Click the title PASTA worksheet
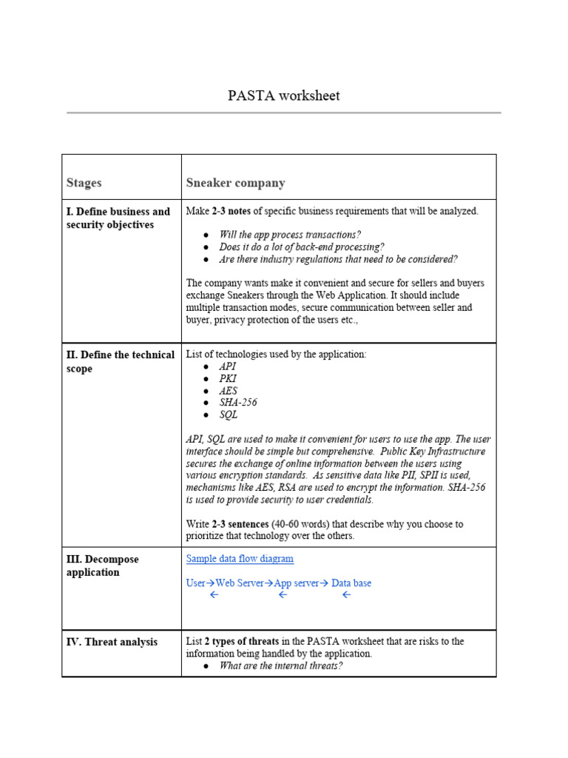(x=283, y=96)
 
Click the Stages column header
(x=84, y=183)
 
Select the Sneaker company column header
(x=235, y=183)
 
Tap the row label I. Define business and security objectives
(x=118, y=218)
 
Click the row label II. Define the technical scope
(x=121, y=361)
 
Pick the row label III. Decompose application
(x=102, y=566)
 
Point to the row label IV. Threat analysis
(x=112, y=642)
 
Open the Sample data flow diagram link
(x=240, y=559)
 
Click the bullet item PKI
(x=228, y=378)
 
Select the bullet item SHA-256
(x=238, y=403)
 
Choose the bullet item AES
(x=229, y=391)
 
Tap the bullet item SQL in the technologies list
(x=229, y=415)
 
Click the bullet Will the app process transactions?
(x=290, y=235)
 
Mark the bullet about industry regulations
(x=338, y=259)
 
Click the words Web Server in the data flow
(x=239, y=583)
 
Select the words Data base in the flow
(x=351, y=583)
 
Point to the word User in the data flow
(x=195, y=583)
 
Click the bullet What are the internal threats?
(x=280, y=665)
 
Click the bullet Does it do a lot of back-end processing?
(x=302, y=247)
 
